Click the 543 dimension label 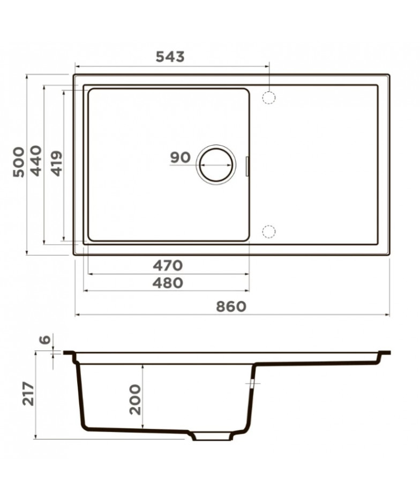[x=170, y=57]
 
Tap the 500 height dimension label [x=19, y=162]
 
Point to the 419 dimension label [x=57, y=164]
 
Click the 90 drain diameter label [x=181, y=158]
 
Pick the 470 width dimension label [x=168, y=265]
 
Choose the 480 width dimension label [x=168, y=283]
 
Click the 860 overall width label [x=231, y=306]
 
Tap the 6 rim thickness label [x=46, y=339]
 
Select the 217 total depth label [x=28, y=394]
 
